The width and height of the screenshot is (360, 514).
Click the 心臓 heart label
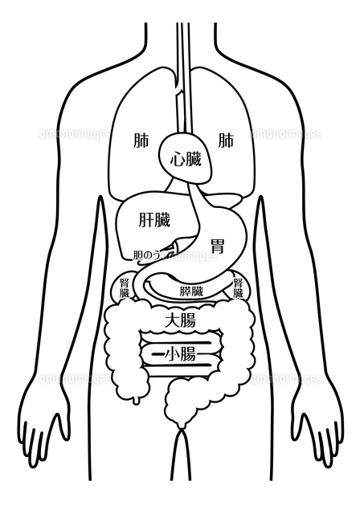186,160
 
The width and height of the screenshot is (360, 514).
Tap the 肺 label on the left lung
141,141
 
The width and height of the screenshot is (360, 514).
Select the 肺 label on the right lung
226,141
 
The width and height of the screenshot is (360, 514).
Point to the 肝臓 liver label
154,219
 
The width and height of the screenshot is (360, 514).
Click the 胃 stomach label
218,247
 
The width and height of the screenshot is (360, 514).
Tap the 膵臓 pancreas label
191,291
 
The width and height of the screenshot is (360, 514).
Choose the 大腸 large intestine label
180,320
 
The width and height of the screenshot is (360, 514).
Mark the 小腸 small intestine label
180,354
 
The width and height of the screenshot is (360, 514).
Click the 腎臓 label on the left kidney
125,288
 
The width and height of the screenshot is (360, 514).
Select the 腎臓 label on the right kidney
238,288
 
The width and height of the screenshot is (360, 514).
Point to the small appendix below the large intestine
135,400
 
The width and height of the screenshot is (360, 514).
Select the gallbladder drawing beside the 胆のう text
174,248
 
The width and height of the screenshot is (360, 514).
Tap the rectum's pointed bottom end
181,429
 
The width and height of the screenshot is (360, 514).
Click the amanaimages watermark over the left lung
74,134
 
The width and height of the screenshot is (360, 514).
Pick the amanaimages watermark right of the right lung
286,134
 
